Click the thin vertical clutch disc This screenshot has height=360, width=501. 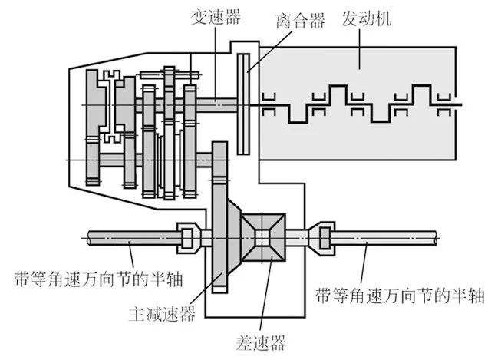coord(244,104)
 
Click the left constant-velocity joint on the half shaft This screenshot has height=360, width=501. coord(188,236)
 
